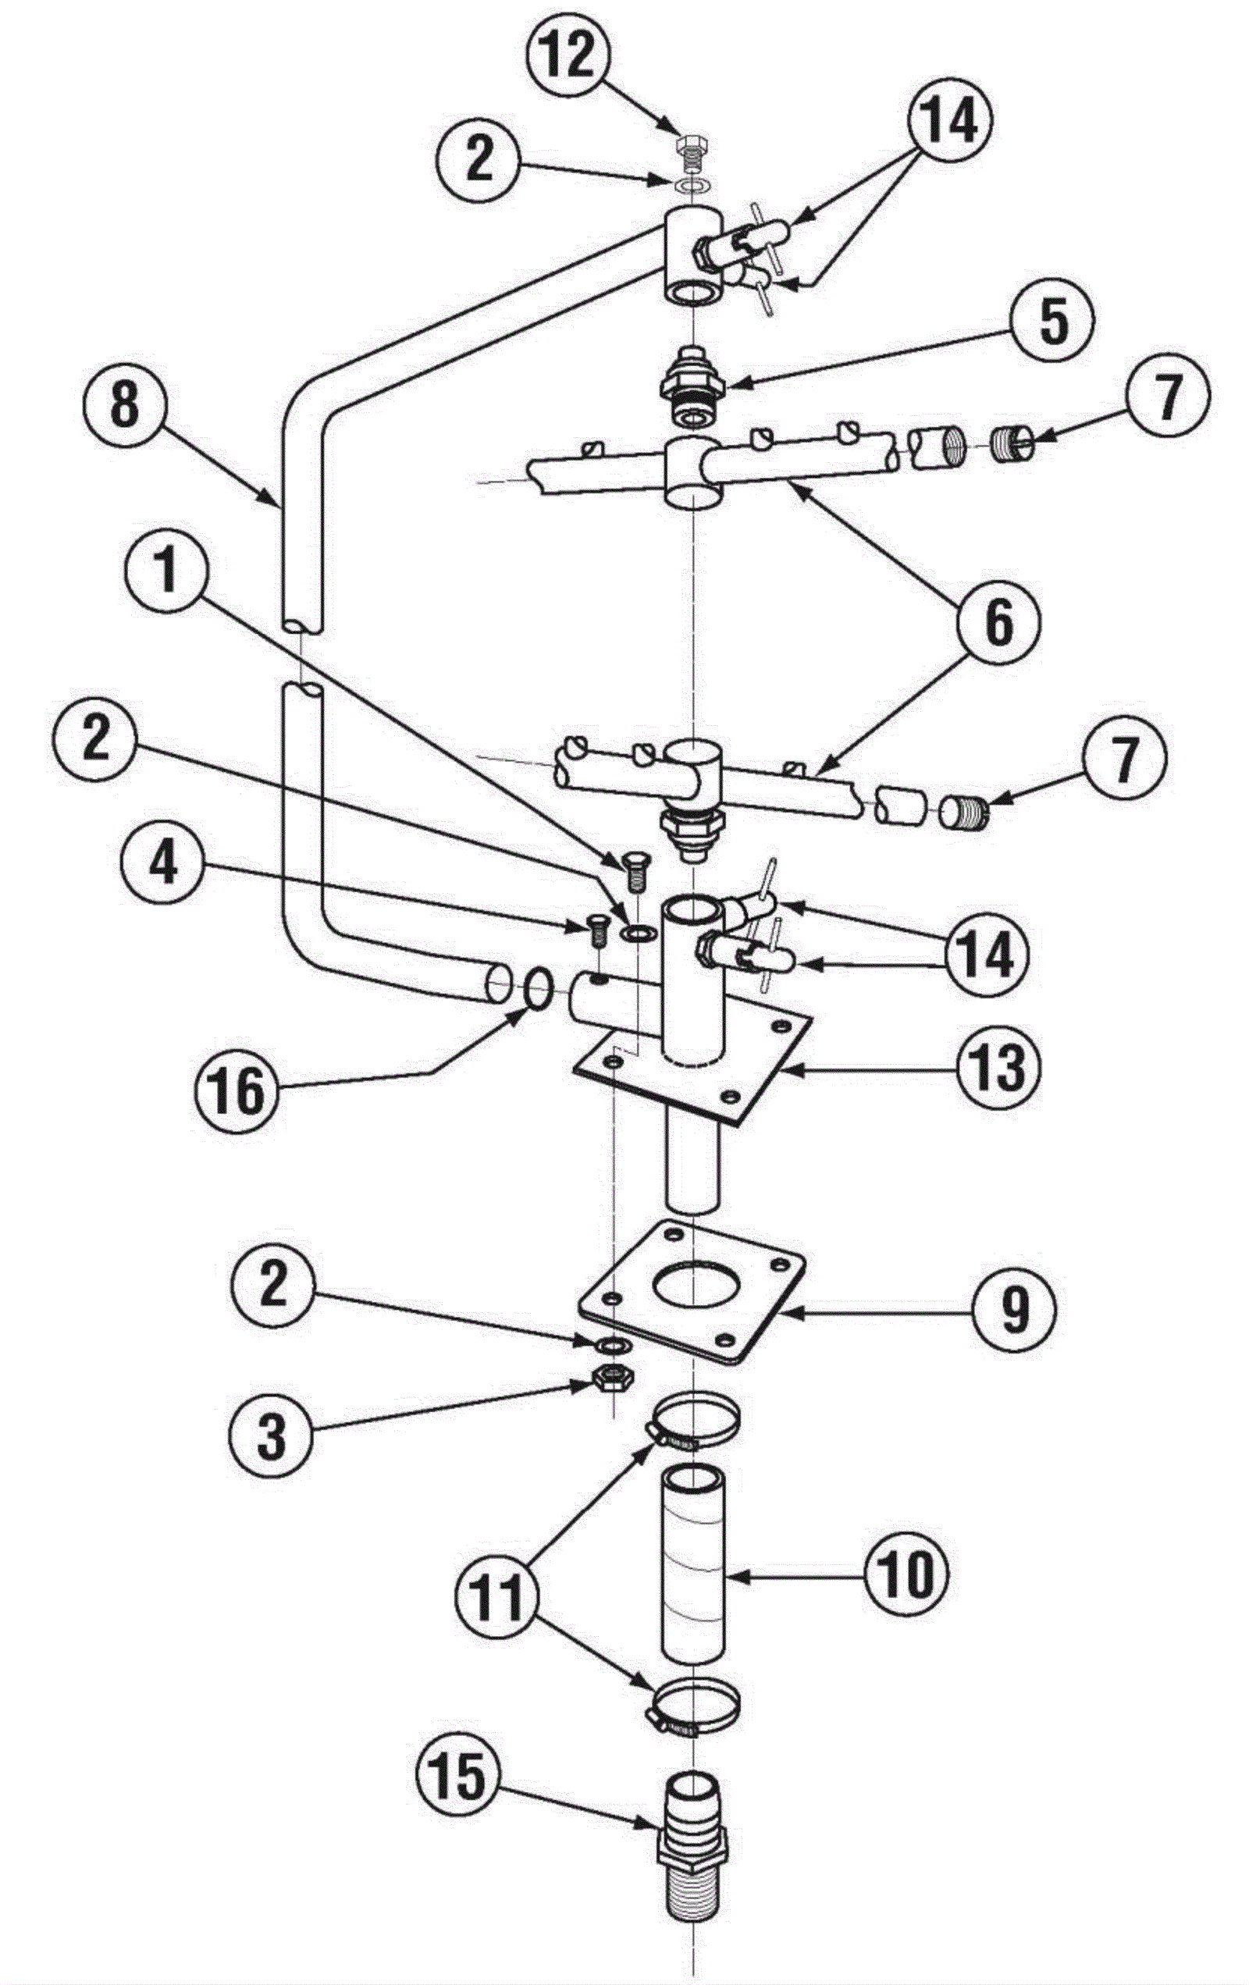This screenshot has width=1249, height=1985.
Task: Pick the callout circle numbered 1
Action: (x=167, y=571)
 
